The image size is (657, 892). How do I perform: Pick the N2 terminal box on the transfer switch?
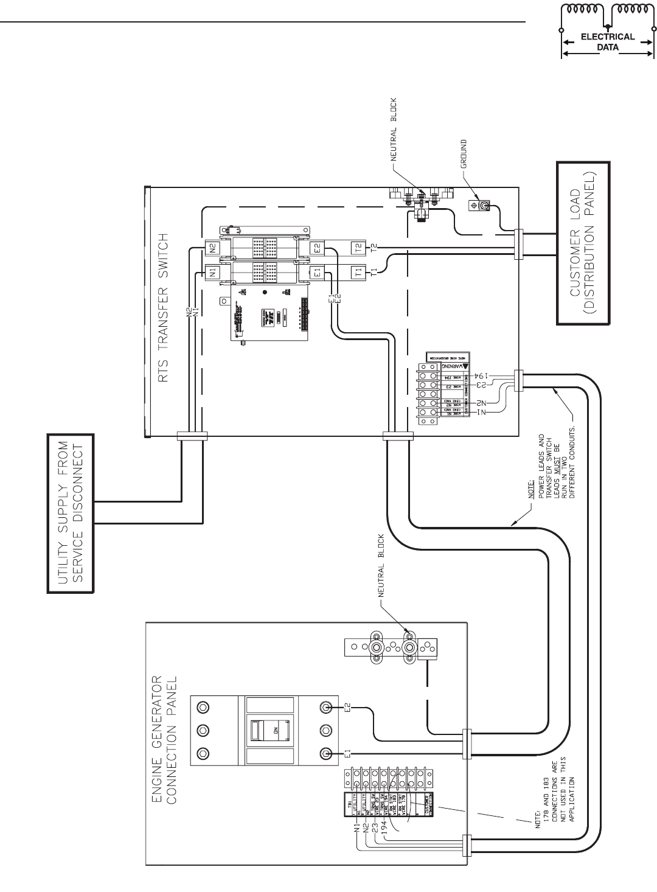coord(212,248)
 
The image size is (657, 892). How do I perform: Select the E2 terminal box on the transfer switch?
coord(316,248)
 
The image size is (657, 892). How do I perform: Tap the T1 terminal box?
coord(358,271)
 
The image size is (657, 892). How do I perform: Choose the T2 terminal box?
coord(358,248)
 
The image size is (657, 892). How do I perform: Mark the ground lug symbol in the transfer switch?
coord(480,206)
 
